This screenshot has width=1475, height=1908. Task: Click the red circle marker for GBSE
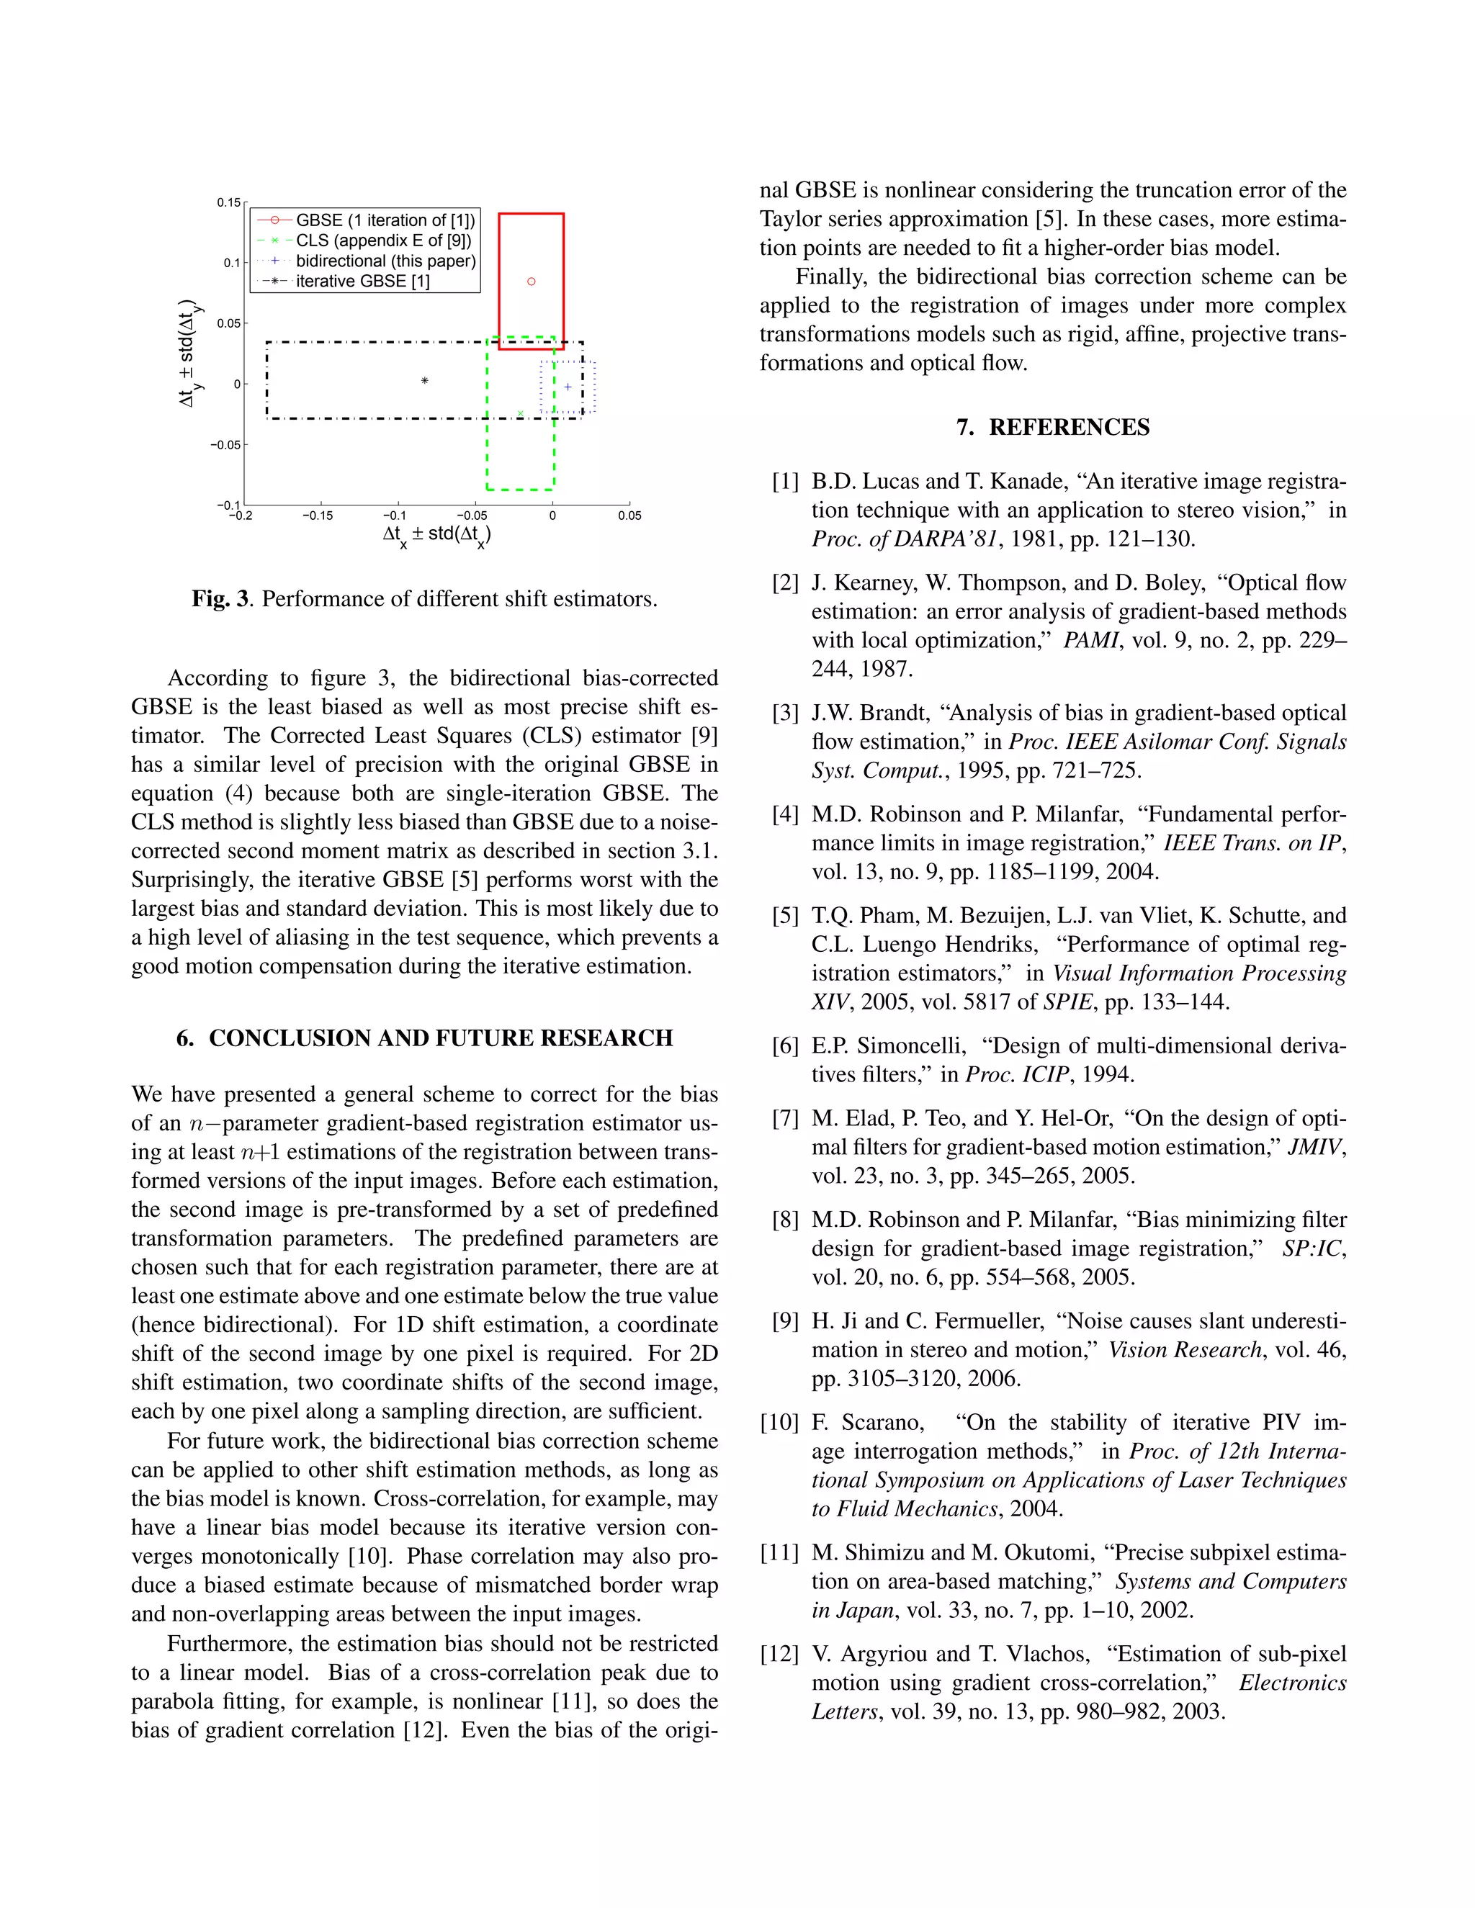pos(532,282)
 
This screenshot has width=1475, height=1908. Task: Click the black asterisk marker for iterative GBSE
pos(425,381)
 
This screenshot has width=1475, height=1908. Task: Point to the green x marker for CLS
pos(521,413)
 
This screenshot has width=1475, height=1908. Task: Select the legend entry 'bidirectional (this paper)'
pos(385,261)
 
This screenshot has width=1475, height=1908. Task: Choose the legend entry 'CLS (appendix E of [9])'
pos(382,240)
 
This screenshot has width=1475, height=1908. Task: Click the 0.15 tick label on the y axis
pos(229,203)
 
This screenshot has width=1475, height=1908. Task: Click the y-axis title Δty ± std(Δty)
pos(189,354)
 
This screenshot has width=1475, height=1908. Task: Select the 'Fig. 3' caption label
pos(221,599)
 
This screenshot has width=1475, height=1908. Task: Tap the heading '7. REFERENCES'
pos(1052,427)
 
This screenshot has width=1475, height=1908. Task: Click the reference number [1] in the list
pos(786,482)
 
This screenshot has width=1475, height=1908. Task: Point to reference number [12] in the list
pos(780,1654)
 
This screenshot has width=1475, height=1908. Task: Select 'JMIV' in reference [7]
pos(1314,1147)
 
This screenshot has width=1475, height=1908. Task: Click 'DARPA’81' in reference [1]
pos(957,539)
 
